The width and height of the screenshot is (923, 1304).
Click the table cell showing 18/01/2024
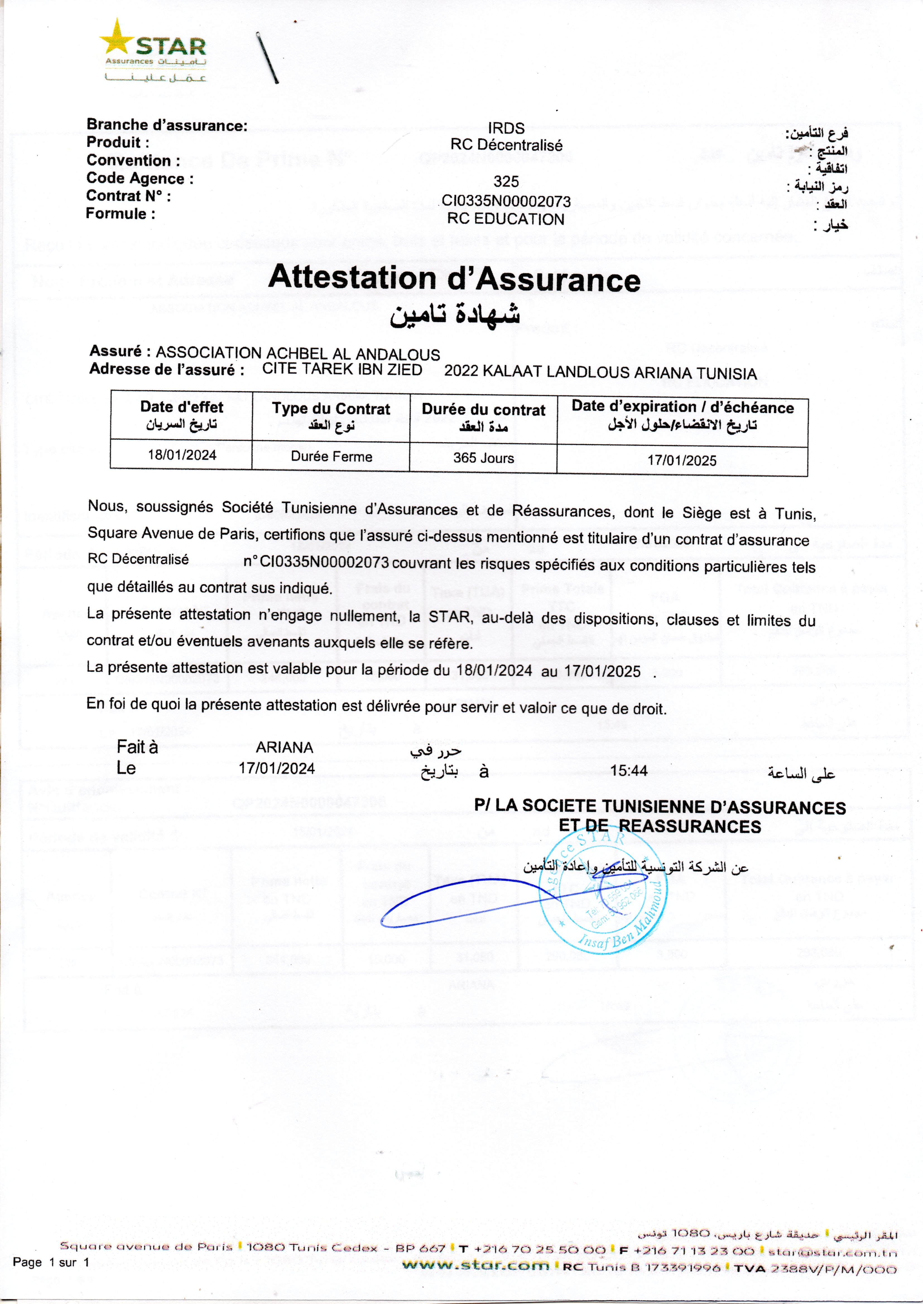coord(182,455)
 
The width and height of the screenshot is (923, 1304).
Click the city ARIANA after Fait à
coord(284,747)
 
